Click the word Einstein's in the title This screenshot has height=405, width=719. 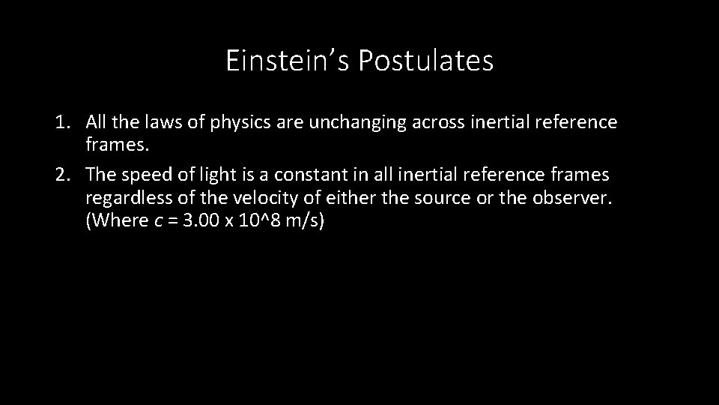click(x=288, y=61)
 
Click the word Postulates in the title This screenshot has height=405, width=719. click(x=425, y=61)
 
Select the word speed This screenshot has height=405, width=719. click(x=149, y=175)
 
